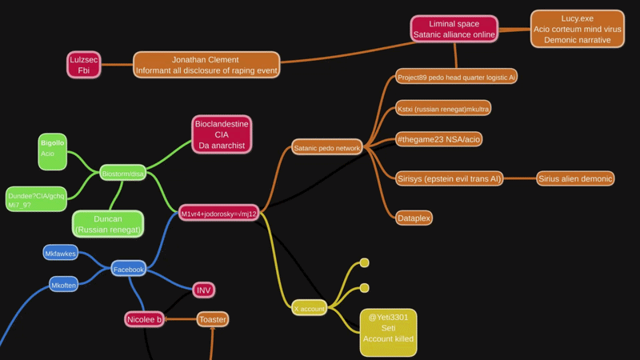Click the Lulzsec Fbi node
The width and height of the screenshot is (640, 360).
point(84,65)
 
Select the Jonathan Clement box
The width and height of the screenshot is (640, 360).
point(206,65)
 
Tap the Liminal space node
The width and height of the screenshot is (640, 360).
point(454,29)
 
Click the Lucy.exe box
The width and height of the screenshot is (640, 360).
point(577,29)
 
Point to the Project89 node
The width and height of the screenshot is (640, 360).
point(456,78)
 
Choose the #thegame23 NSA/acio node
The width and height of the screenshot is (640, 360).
point(438,139)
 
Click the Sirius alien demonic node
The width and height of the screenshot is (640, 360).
point(574,178)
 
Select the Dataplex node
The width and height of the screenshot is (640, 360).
point(414,218)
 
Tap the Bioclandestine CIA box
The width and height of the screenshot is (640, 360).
point(222,134)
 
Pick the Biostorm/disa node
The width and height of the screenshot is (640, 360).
point(122,173)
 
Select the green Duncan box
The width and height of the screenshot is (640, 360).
point(108,224)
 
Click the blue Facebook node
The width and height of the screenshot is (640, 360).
point(128,270)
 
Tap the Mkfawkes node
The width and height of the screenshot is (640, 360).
point(61,254)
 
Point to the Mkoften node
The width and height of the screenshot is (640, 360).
point(64,285)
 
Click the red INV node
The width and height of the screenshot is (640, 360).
point(203,290)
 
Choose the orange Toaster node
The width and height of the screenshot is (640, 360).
point(212,319)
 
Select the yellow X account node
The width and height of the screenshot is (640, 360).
point(309,308)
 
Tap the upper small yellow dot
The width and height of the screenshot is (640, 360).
point(364,262)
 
